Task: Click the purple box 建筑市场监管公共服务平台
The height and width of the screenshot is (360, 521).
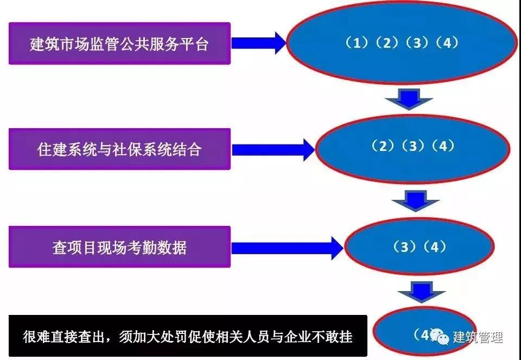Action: click(119, 43)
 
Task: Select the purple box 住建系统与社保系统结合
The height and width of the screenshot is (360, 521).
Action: click(119, 149)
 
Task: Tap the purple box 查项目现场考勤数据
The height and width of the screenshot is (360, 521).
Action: click(119, 248)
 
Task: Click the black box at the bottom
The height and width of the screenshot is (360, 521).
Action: click(188, 336)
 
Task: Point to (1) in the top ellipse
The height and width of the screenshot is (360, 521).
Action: click(357, 43)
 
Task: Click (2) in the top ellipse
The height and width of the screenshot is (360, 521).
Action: click(387, 43)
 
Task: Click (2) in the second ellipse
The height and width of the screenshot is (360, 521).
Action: click(383, 146)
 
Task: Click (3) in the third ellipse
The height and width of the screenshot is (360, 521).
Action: click(403, 247)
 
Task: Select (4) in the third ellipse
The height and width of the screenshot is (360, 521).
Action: click(434, 247)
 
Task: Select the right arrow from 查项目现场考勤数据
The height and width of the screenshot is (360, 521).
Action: click(288, 248)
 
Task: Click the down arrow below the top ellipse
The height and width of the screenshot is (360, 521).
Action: click(408, 100)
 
